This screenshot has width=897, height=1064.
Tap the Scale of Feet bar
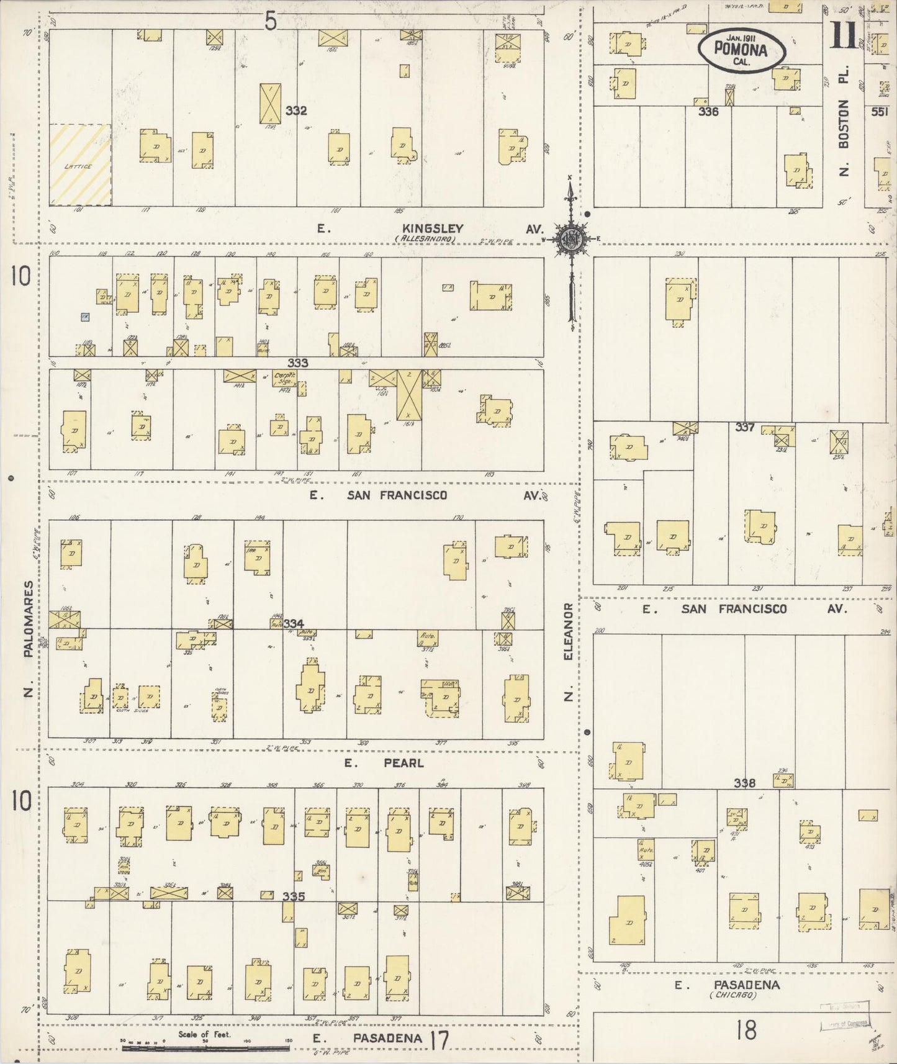(205, 1048)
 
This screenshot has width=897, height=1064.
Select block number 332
(296, 110)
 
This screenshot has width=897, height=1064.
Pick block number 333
(297, 363)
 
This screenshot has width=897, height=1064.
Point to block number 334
(294, 623)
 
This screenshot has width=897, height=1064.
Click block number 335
(294, 896)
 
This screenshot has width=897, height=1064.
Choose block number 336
(708, 112)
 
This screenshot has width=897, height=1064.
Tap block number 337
(745, 427)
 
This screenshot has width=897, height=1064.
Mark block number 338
(744, 783)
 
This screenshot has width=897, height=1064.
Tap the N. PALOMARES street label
(29, 639)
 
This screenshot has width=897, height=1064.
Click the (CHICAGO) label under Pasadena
(733, 995)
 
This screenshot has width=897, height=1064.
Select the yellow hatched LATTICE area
(80, 165)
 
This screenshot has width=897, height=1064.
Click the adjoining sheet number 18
(746, 1031)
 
